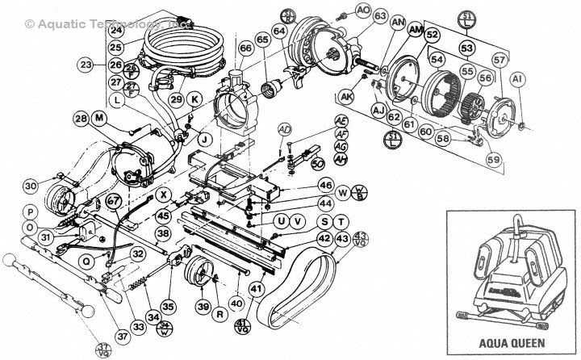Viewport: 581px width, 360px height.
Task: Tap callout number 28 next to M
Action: (81, 119)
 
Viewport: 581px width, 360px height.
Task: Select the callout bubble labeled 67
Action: (114, 201)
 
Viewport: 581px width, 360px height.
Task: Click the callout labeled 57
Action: (499, 60)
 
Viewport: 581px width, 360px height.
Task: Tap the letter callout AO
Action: (363, 10)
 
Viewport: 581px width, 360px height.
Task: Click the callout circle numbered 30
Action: (31, 186)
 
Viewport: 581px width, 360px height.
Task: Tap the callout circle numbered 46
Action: (325, 185)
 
